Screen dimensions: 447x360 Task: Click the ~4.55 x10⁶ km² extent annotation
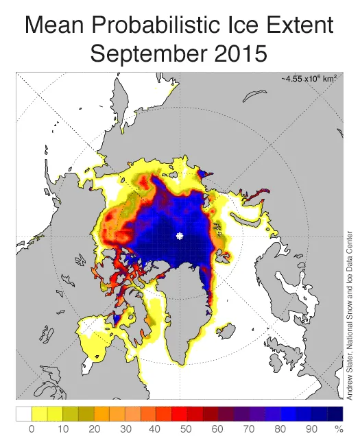point(309,80)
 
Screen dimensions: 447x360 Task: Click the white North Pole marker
point(180,236)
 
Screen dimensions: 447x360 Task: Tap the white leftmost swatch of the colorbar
point(23,413)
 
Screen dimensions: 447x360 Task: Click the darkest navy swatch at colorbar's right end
point(335,413)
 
